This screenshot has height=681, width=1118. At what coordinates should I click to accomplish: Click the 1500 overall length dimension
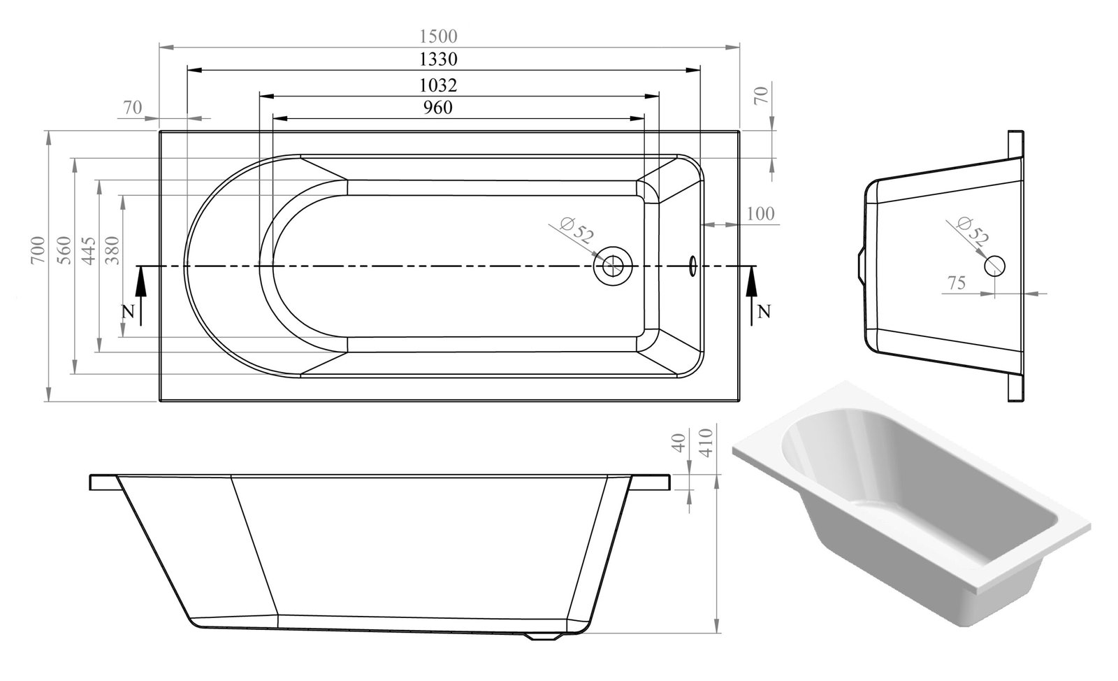(x=437, y=36)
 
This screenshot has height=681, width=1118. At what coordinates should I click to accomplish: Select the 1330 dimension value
(x=437, y=59)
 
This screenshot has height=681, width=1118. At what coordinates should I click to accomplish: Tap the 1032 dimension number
(x=437, y=85)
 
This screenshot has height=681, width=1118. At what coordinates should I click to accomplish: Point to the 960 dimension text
(x=437, y=108)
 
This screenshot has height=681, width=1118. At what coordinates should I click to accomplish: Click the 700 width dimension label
(x=38, y=250)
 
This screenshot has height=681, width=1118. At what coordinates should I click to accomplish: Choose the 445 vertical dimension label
(x=88, y=250)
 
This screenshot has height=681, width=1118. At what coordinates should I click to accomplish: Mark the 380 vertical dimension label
(x=112, y=250)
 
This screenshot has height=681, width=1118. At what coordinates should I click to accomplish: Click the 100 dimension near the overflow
(x=760, y=214)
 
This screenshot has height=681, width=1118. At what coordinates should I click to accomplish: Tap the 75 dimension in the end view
(x=957, y=283)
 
